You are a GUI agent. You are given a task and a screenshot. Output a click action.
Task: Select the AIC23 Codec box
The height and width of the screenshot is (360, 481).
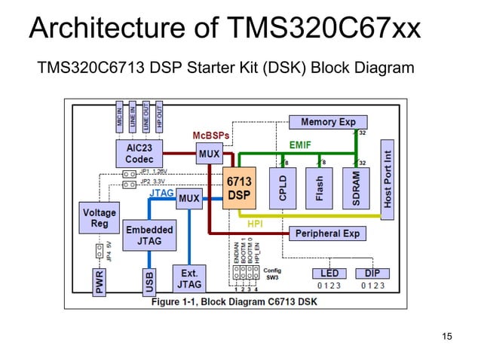(x=139, y=153)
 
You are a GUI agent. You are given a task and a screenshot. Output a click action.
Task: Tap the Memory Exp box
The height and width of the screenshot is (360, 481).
(x=328, y=122)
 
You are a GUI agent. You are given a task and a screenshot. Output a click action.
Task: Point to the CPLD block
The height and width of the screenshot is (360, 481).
(x=283, y=188)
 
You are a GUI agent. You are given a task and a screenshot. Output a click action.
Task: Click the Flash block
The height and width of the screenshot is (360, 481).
(x=319, y=188)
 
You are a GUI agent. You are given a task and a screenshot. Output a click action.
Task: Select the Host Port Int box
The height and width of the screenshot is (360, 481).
(x=388, y=178)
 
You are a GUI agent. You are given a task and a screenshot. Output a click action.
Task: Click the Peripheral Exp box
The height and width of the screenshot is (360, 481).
(x=328, y=233)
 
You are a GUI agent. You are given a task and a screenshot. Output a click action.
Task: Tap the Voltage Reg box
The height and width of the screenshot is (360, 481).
(x=99, y=218)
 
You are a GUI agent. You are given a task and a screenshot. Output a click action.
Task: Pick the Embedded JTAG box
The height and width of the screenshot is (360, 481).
(x=149, y=235)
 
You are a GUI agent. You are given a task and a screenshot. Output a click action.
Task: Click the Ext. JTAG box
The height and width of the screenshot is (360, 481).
(x=188, y=279)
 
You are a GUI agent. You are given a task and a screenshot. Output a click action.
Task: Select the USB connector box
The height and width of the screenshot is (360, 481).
(x=149, y=282)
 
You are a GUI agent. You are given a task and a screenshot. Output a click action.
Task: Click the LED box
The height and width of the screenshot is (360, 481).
(x=329, y=273)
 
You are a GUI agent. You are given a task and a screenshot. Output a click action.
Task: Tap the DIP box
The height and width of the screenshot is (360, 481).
(x=372, y=273)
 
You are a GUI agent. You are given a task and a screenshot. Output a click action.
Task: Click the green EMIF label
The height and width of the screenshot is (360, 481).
(x=300, y=143)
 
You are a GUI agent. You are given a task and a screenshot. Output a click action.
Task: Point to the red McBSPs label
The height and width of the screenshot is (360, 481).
(x=211, y=135)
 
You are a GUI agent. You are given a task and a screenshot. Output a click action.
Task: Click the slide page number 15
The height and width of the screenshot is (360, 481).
(x=447, y=336)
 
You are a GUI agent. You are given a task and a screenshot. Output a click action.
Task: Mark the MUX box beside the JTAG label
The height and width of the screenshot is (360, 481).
(x=188, y=199)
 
